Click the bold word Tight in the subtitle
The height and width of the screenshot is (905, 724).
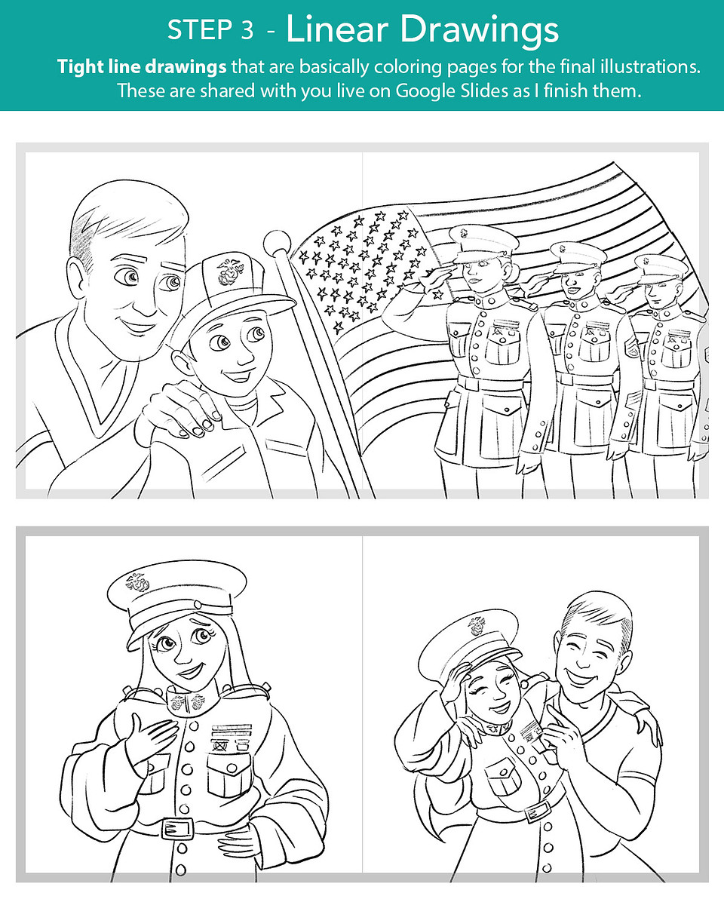[79, 67]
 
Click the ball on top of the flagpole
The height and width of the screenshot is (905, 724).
[277, 243]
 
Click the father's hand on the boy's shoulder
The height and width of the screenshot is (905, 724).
[180, 409]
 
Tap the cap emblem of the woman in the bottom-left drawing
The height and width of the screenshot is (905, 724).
[138, 583]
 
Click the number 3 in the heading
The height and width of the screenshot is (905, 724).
[247, 30]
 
